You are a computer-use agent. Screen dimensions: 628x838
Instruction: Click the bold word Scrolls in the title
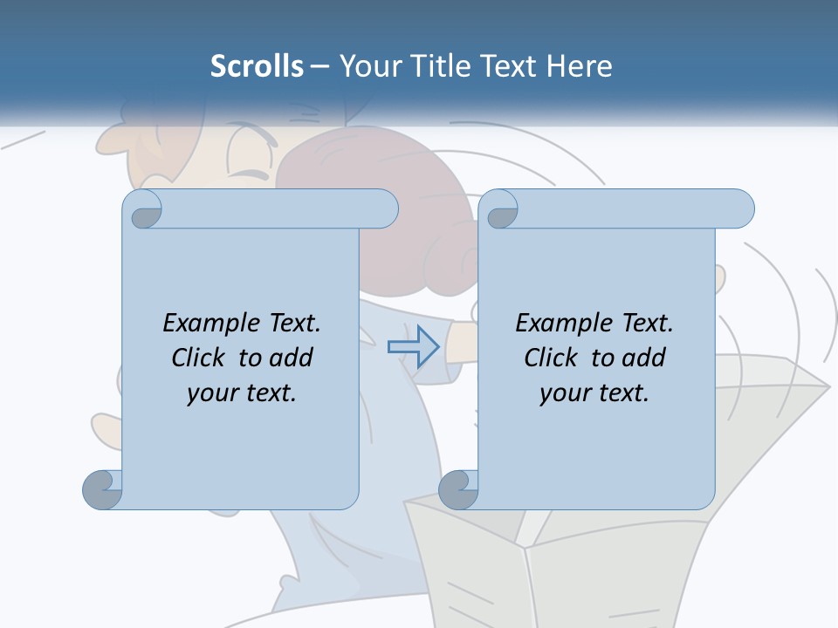click(x=258, y=66)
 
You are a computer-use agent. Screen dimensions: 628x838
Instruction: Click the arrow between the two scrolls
click(x=413, y=345)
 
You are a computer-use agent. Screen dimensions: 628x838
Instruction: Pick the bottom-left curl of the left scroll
click(x=103, y=489)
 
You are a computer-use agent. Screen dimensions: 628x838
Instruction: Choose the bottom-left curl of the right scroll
click(x=458, y=489)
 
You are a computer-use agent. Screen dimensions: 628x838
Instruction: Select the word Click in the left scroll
click(x=201, y=358)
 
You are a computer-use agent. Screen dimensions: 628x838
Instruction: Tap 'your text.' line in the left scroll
click(x=242, y=392)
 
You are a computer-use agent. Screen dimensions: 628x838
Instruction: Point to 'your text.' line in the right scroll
click(x=594, y=392)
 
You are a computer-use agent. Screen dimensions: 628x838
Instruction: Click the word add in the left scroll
click(x=291, y=358)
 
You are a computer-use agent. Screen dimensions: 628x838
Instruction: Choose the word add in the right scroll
click(x=643, y=358)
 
